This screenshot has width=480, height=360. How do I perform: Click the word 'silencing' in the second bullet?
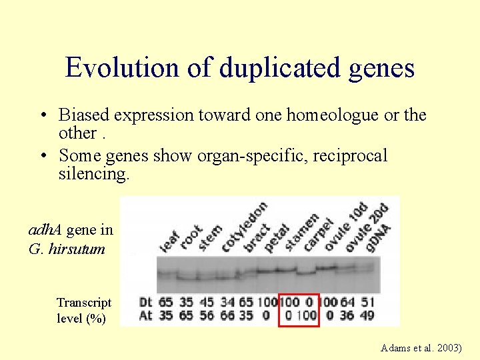pos(90,174)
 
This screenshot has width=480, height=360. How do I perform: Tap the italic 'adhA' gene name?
pos(45,231)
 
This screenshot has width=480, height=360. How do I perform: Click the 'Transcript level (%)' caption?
pos(84,310)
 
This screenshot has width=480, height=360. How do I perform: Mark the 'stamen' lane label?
pos(301,231)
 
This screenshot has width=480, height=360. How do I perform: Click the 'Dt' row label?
pos(145,301)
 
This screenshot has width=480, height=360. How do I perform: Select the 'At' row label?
pos(145,315)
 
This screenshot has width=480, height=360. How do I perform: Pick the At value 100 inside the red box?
pos(306,315)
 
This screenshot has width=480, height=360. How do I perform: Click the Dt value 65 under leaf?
pos(167,301)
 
